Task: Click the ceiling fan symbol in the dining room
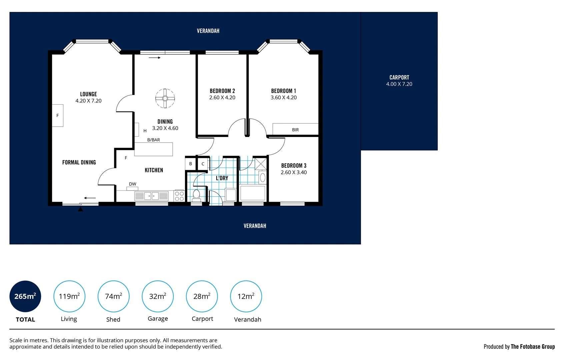point(165,98)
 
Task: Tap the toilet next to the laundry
point(196,195)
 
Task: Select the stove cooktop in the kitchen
point(179,196)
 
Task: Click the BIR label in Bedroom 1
point(295,130)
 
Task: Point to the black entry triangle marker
point(80,209)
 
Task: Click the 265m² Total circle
point(25,296)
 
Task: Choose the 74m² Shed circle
point(113,296)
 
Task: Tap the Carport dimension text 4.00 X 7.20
point(399,84)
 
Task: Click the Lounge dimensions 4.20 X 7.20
point(88,101)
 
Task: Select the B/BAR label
point(153,140)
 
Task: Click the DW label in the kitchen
point(132,184)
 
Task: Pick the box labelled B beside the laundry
point(191,164)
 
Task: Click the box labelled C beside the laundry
point(203,164)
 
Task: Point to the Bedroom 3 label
point(293,165)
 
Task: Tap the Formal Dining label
point(79,162)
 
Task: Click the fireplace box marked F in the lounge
point(58,115)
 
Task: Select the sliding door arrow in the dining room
point(155,58)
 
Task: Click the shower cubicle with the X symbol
point(261,164)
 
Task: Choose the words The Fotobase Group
point(532,347)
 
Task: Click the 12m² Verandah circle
point(246,296)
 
